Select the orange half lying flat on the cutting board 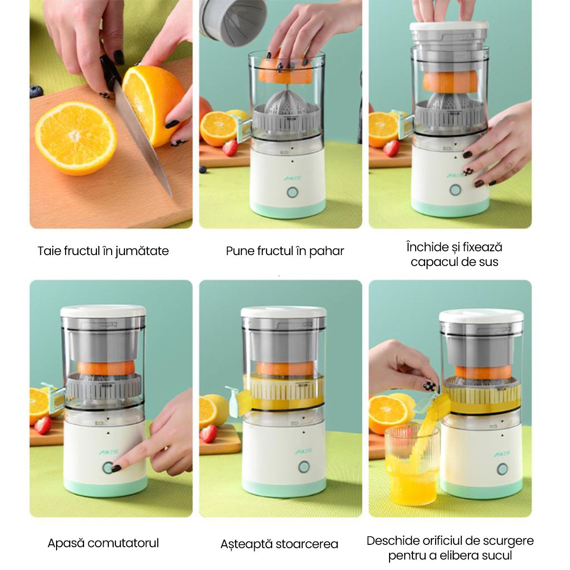[x=76, y=138]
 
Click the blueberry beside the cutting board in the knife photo [x=36, y=91]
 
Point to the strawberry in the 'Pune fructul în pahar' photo [x=230, y=147]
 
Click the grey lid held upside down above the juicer [x=233, y=22]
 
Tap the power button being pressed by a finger [x=108, y=468]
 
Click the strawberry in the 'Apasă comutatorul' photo [x=43, y=425]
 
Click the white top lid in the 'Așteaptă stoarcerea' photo [x=284, y=312]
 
